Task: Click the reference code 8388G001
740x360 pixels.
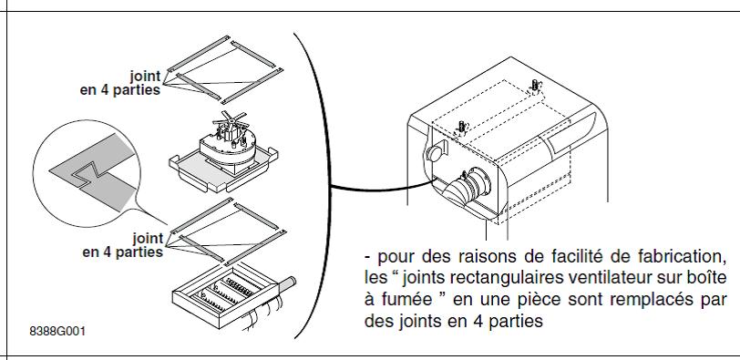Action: pos(57,331)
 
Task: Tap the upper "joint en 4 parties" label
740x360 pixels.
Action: pos(120,83)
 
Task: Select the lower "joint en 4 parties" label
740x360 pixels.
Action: pos(123,245)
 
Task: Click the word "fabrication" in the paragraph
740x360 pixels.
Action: pos(682,257)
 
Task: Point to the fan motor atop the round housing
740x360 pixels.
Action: pos(230,128)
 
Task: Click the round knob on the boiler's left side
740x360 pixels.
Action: pos(435,153)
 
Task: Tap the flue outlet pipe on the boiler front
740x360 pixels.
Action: pos(468,188)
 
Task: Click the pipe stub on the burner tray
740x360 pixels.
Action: pos(286,283)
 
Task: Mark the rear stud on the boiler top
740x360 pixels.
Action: pos(536,86)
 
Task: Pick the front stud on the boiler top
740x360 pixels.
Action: pos(462,127)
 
